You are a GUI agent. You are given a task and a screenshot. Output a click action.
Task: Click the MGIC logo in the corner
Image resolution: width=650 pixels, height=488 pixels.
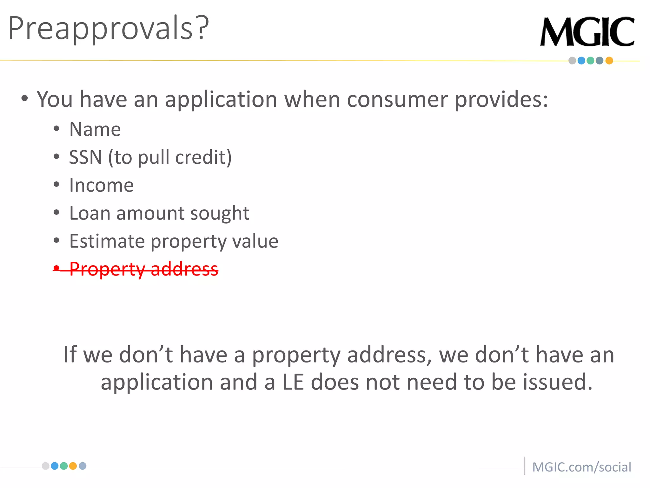tap(587, 32)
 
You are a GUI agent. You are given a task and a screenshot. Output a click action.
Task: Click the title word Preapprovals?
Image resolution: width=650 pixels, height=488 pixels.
tap(108, 29)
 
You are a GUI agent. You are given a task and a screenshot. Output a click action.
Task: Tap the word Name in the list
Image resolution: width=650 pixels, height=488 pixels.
tap(95, 129)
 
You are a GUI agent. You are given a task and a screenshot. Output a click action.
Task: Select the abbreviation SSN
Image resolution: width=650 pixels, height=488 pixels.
tap(85, 157)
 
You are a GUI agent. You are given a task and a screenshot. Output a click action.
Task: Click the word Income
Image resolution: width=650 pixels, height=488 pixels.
tap(101, 185)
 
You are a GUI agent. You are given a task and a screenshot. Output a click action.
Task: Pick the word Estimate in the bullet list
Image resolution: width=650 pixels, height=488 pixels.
tap(107, 241)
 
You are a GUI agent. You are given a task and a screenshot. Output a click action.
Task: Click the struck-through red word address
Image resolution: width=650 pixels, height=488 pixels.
tap(184, 269)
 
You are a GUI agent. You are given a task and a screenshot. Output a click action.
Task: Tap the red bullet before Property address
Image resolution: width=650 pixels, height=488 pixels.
tap(56, 268)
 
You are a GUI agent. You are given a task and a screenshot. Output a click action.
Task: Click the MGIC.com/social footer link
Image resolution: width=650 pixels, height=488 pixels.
tap(581, 467)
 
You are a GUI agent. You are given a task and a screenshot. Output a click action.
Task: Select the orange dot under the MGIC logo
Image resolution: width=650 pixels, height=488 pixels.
tap(609, 61)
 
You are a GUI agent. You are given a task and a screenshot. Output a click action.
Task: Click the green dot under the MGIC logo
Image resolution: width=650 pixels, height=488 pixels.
tap(590, 61)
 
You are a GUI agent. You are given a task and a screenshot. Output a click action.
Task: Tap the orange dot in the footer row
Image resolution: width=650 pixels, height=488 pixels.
tap(73, 466)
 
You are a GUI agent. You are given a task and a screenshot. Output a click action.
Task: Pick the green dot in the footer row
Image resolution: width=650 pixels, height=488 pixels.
tap(64, 466)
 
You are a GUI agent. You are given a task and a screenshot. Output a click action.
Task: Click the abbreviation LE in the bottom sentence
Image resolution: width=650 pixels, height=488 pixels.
tap(293, 382)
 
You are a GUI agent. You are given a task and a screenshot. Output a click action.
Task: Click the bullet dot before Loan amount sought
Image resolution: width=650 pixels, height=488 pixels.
tap(56, 213)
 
